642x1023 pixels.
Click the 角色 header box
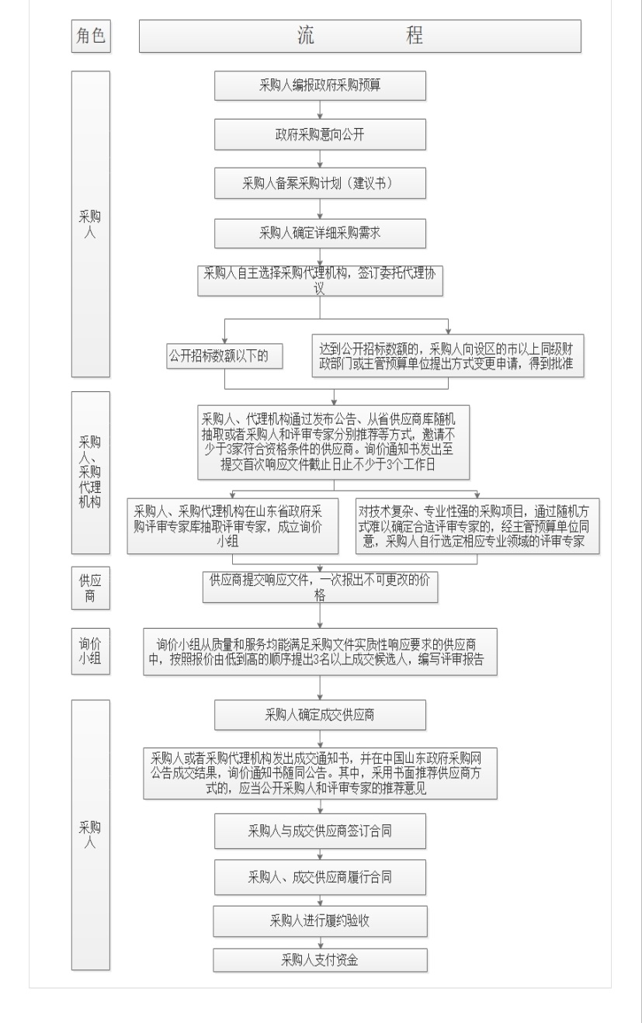point(91,36)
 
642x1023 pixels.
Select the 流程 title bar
point(359,36)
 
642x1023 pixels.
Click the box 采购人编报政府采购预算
point(320,85)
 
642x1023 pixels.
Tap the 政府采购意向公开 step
point(320,134)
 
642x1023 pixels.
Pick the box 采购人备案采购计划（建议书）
point(320,183)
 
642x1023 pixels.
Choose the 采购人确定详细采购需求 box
point(320,234)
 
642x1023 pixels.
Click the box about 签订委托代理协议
point(320,281)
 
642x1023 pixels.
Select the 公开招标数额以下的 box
point(224,356)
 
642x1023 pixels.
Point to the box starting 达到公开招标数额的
point(448,355)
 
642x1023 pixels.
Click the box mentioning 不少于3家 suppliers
point(333,442)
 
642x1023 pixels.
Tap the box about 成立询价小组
point(233,526)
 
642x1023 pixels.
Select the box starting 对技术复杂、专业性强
point(477,526)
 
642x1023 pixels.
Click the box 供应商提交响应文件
point(320,588)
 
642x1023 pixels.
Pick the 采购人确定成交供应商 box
point(320,715)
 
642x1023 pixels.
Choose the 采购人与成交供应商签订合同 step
point(320,831)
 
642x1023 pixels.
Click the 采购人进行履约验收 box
point(320,921)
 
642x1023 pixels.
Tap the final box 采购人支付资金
point(320,960)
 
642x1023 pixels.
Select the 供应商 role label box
point(91,588)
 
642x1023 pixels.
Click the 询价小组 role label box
point(91,651)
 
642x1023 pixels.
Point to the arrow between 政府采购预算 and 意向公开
point(320,110)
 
